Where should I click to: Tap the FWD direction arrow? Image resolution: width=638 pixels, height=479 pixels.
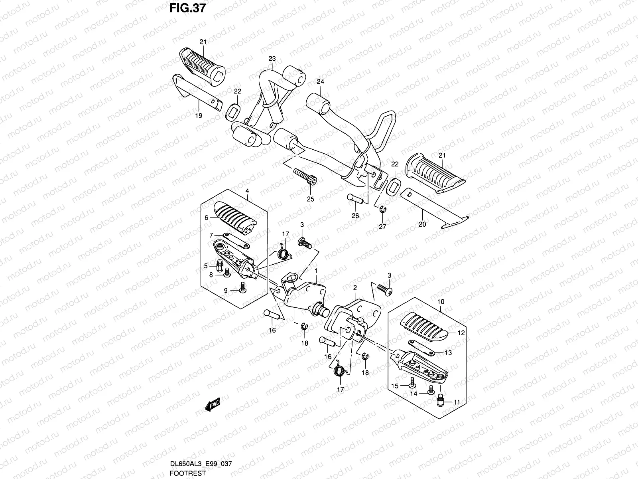(x=212, y=406)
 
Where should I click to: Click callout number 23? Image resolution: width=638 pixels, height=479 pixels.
(x=272, y=59)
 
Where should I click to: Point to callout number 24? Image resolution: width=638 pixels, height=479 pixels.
(x=321, y=81)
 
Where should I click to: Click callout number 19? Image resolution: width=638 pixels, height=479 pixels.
(x=199, y=115)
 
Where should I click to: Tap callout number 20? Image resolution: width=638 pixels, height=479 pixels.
(x=422, y=224)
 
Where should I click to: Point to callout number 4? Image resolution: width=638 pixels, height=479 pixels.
(x=247, y=191)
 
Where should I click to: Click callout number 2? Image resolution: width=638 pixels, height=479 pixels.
(x=355, y=287)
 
